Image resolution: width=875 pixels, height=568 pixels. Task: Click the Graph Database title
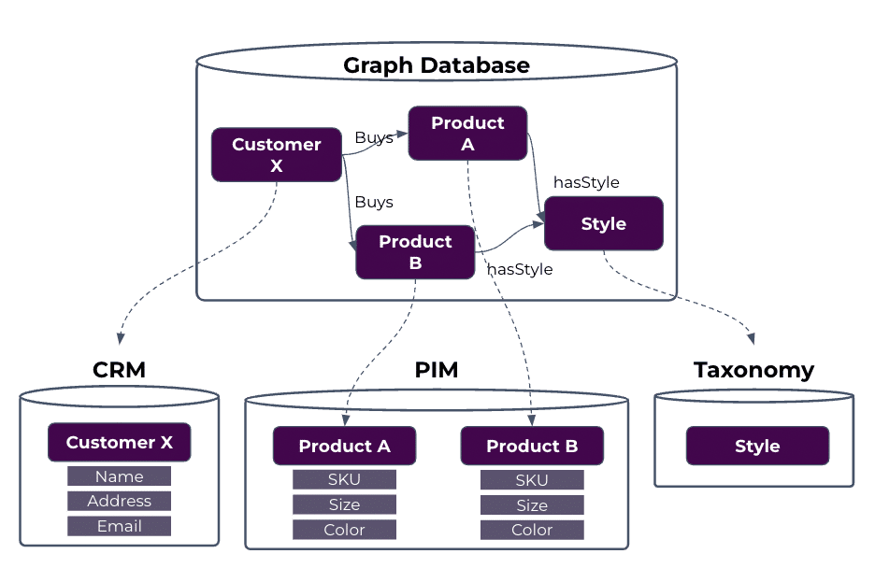[436, 65]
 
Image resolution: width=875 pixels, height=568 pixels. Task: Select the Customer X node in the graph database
[276, 155]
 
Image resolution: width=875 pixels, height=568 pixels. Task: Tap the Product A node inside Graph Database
[467, 134]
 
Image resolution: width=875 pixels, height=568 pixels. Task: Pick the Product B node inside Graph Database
[415, 252]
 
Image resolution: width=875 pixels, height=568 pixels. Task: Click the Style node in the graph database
[603, 224]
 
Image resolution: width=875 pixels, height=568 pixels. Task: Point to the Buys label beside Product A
[374, 138]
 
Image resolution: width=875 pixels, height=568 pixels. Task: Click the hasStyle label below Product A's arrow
[586, 183]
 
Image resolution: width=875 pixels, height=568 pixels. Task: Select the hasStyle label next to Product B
[520, 270]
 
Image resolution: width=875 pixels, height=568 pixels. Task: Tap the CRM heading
[120, 370]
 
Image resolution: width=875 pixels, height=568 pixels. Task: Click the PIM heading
[437, 370]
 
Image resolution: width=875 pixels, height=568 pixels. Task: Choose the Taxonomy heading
[753, 370]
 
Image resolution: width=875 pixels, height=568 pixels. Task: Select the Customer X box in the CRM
[120, 443]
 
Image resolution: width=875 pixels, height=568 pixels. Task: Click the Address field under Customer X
[119, 502]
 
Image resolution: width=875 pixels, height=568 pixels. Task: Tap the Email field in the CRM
[119, 527]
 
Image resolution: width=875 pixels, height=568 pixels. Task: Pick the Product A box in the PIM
[344, 447]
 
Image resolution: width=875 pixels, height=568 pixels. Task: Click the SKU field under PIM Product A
[344, 480]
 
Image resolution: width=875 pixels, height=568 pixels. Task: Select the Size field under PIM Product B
[532, 505]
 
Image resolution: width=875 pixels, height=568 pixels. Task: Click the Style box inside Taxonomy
[757, 447]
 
